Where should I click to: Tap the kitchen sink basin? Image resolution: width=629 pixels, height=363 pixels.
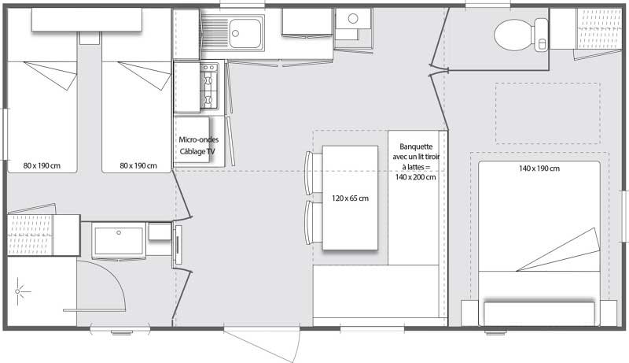point(248,31)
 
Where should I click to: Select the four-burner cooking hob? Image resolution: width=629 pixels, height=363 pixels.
point(209,85)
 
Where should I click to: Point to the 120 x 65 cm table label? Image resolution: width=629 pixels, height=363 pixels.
point(350,198)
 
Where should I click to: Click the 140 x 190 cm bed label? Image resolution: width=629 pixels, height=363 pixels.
point(539,169)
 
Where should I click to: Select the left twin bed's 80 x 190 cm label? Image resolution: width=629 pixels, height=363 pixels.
point(41,165)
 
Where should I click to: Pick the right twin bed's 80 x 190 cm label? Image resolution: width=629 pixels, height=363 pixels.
point(138,165)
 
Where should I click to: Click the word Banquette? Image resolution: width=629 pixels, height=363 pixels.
point(417,146)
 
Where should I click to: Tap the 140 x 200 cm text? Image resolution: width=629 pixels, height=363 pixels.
point(417,177)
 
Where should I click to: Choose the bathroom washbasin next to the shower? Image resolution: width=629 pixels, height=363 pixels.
point(119,240)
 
